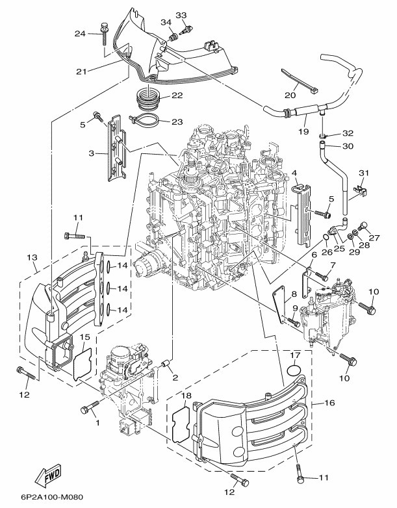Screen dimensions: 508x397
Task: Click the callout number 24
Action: (81, 34)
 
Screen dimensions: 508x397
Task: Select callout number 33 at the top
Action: (181, 15)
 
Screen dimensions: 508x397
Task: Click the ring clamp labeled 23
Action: (148, 121)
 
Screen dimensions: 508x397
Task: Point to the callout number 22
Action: (176, 96)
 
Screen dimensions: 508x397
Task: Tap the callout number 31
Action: (364, 172)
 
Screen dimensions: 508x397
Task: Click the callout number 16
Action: (329, 403)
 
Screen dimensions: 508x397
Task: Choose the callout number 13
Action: (31, 259)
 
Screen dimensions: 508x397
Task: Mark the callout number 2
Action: (175, 377)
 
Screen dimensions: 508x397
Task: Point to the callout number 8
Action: (294, 294)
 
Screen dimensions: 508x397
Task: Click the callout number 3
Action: (92, 153)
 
